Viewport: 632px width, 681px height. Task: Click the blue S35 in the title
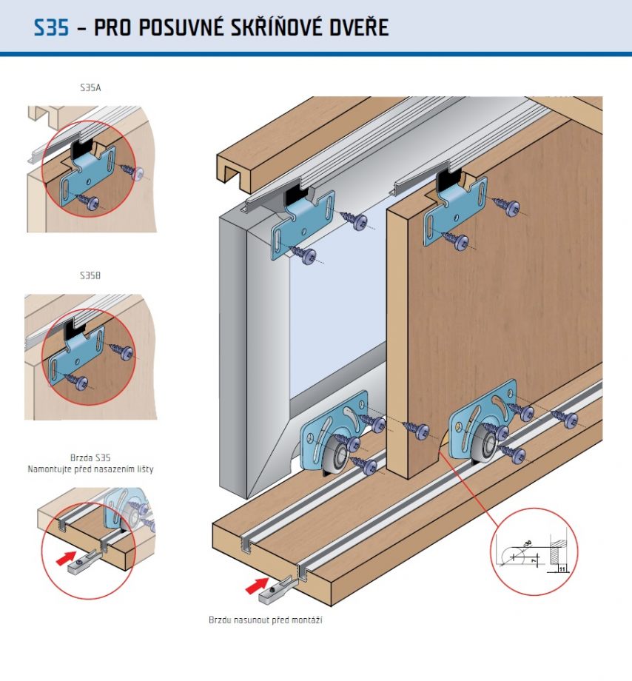51,28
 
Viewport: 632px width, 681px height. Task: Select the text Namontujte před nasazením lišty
90,469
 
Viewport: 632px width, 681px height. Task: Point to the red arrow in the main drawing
257,587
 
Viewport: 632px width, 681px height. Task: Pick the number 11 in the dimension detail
562,568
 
